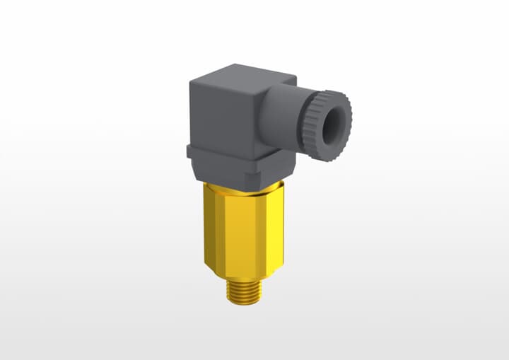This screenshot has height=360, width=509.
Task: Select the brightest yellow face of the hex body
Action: tap(212, 226)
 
